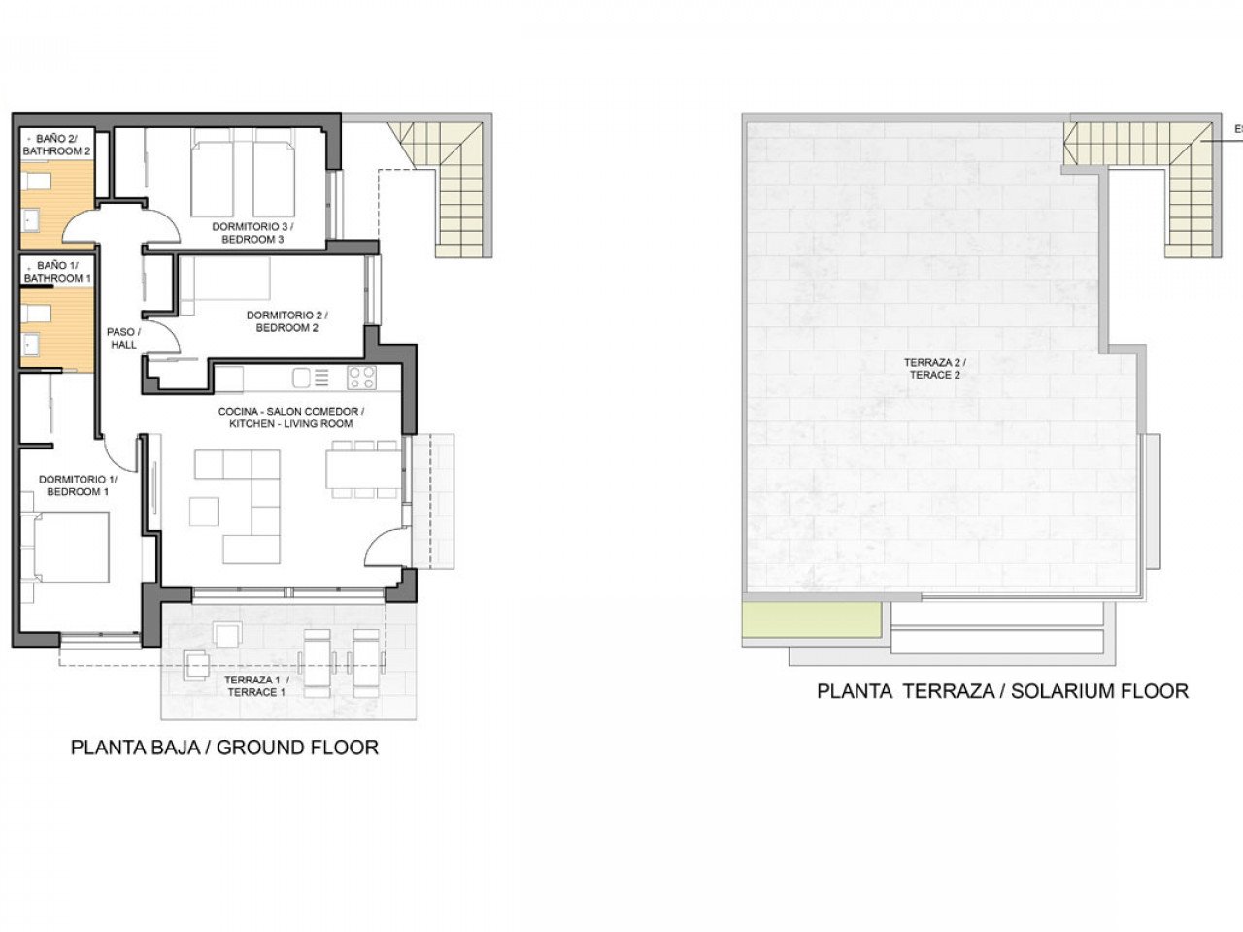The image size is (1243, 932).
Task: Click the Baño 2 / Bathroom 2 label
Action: (57, 145)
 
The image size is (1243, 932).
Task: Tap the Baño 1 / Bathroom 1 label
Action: (57, 272)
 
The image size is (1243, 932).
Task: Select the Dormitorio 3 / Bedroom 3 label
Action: (252, 233)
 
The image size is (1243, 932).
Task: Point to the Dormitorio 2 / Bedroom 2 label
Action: (286, 321)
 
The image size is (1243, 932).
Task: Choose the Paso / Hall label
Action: (123, 338)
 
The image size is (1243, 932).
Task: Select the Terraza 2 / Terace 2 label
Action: (937, 368)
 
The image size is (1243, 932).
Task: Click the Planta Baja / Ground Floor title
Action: (224, 748)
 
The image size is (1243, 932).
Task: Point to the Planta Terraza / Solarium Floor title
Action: (1002, 692)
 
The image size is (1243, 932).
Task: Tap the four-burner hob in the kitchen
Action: (361, 378)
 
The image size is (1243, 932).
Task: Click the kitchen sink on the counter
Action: (302, 378)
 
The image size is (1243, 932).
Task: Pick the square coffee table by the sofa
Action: (204, 511)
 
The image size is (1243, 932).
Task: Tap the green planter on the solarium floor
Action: (812, 619)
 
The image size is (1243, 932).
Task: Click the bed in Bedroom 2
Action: (225, 277)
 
